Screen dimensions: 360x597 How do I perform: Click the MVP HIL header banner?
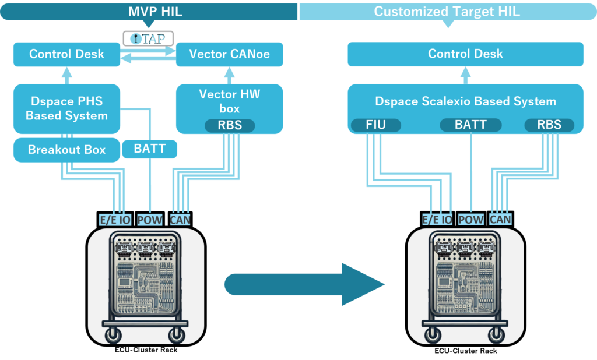pos(149,10)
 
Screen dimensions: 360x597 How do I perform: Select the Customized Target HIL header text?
pos(448,11)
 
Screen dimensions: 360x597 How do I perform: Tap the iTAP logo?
pos(148,38)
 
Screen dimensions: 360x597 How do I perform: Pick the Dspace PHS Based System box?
pos(66,109)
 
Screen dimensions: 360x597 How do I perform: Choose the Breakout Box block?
pos(66,150)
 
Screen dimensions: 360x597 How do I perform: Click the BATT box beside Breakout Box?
pos(150,149)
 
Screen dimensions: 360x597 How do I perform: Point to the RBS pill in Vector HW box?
pos(230,125)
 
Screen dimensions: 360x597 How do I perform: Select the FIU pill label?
pos(377,125)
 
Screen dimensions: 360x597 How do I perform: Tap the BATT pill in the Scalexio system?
pos(471,125)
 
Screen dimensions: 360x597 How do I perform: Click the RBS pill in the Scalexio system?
pos(549,125)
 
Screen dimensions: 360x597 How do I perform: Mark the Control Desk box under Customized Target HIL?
pos(465,54)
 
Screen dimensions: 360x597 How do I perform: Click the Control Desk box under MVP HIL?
pos(66,54)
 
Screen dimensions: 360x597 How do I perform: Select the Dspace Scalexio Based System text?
pos(465,101)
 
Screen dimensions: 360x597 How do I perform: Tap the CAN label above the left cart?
pos(180,220)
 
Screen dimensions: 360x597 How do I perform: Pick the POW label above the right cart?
pos(471,220)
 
